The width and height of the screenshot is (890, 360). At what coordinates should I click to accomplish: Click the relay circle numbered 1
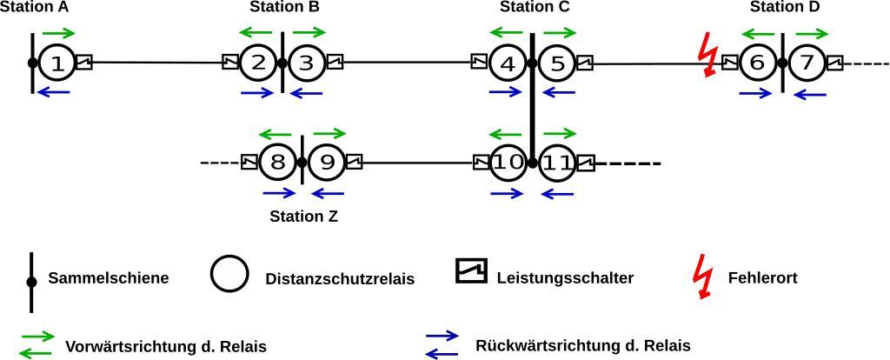point(57,63)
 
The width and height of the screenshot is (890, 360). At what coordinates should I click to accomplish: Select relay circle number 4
point(508,63)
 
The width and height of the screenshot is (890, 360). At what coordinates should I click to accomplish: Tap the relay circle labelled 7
point(808,63)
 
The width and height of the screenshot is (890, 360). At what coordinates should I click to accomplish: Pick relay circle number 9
point(327,162)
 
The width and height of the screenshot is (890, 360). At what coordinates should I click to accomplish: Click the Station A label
point(33,7)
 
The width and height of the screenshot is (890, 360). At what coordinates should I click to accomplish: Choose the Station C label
point(535,7)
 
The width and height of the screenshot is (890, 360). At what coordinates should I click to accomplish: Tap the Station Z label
point(303,217)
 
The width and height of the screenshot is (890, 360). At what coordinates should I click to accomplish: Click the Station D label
point(785,7)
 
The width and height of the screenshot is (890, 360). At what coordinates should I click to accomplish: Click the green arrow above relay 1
point(58,33)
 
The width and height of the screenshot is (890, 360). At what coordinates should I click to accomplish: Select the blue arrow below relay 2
point(257,93)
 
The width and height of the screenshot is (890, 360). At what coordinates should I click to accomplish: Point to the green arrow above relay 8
point(276,133)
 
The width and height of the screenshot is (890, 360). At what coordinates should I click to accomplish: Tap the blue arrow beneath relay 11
point(557,193)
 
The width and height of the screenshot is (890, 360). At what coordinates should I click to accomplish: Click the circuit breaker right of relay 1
point(83,62)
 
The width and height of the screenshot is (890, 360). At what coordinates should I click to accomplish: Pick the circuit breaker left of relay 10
point(481,163)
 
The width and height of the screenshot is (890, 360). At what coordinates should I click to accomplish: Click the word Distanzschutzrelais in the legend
point(340,279)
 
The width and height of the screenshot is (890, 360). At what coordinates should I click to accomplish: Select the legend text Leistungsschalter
point(565,278)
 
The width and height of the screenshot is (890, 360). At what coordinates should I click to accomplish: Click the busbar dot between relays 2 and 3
point(282,63)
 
